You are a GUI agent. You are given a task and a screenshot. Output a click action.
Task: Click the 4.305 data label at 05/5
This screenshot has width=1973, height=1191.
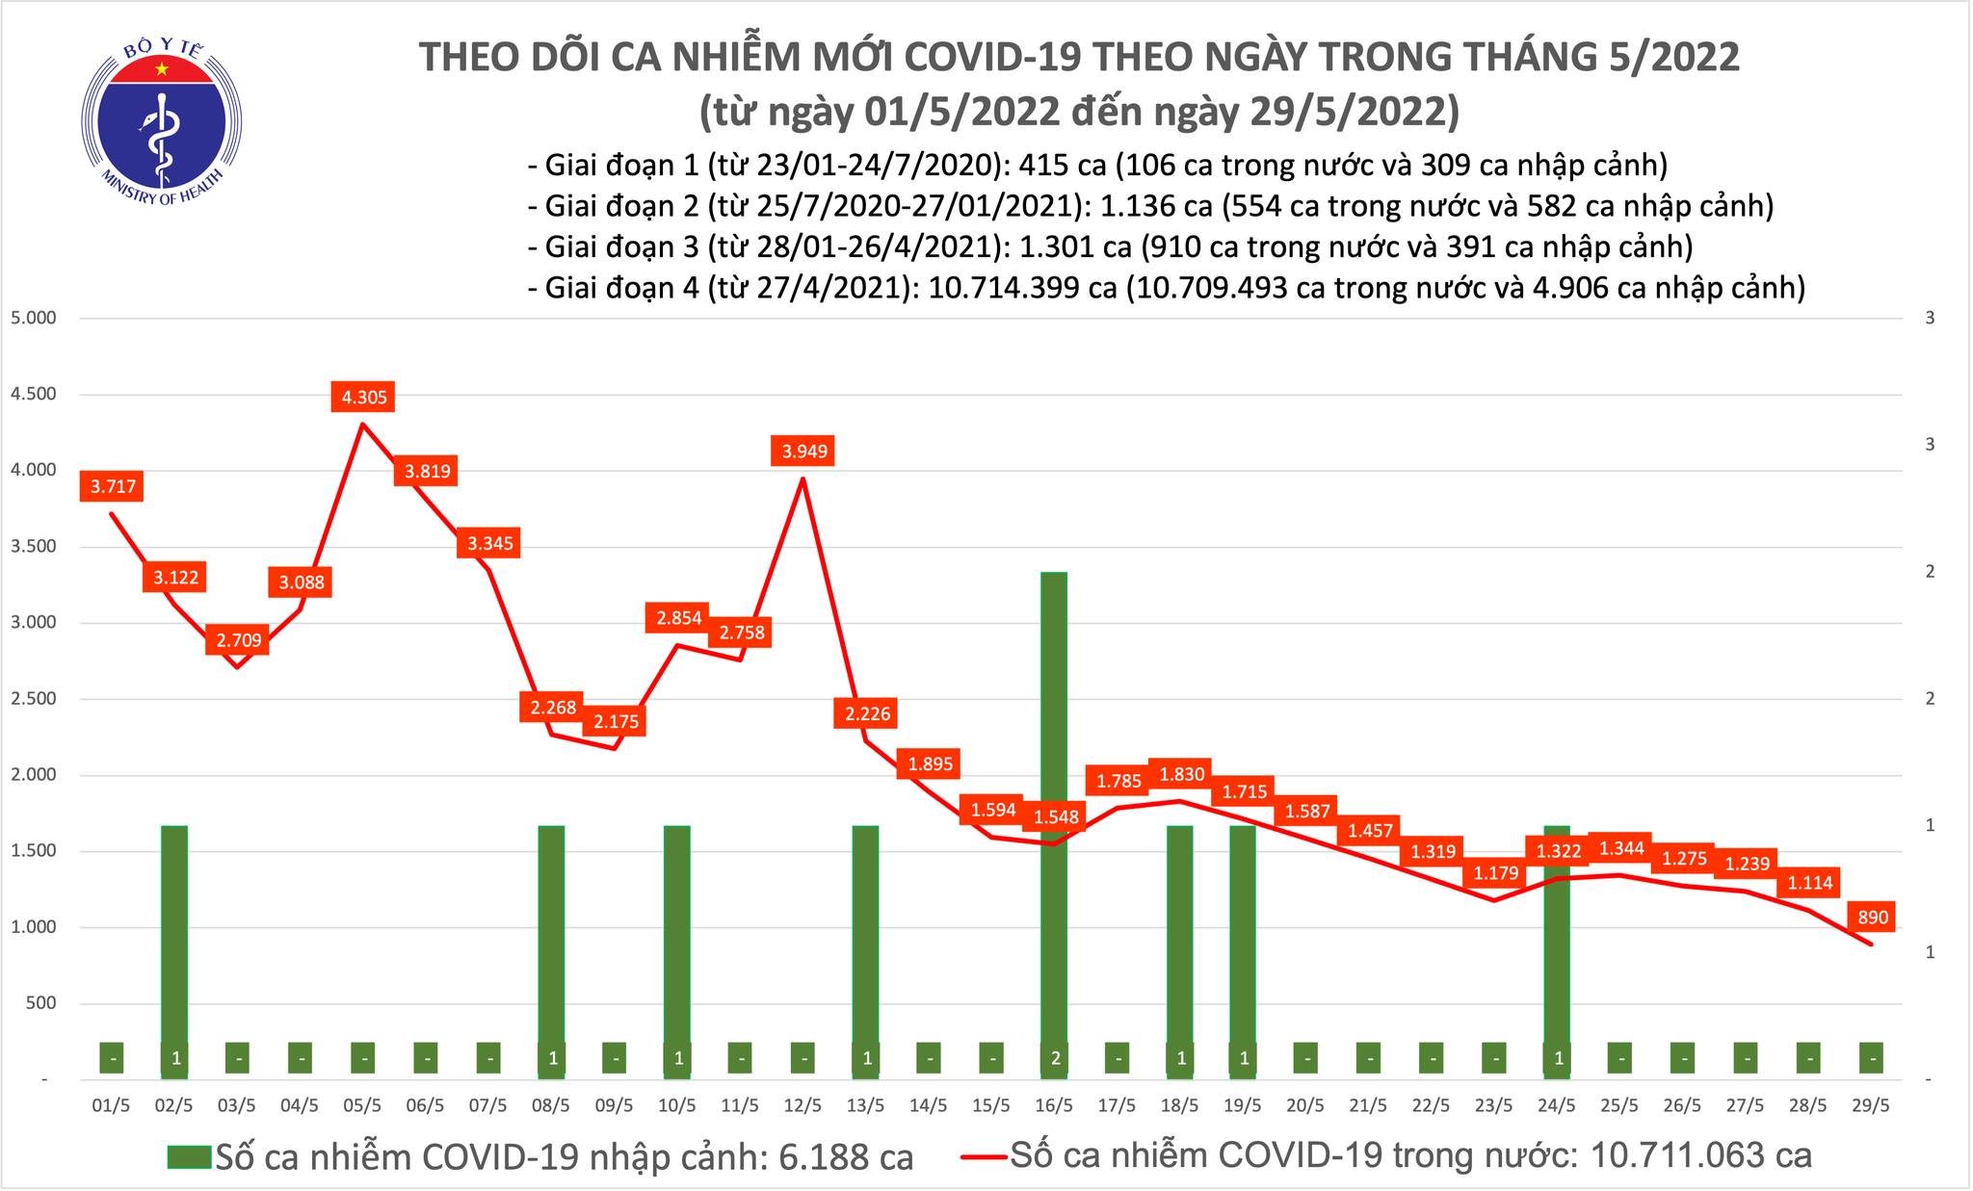pyautogui.click(x=363, y=396)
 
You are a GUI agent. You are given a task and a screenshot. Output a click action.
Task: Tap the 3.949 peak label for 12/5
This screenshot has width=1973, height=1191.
pyautogui.click(x=803, y=451)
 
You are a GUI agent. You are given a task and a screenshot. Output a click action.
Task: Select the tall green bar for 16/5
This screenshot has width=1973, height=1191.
pyautogui.click(x=1054, y=809)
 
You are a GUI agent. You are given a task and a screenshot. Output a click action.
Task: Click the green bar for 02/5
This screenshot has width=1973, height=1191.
pyautogui.click(x=174, y=934)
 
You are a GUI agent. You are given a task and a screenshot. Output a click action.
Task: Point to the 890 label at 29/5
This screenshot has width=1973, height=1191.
pyautogui.click(x=1870, y=915)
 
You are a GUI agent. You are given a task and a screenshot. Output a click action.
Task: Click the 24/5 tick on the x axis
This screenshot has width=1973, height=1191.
pyautogui.click(x=1557, y=1105)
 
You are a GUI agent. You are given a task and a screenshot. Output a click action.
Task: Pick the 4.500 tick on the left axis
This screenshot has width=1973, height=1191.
pyautogui.click(x=34, y=394)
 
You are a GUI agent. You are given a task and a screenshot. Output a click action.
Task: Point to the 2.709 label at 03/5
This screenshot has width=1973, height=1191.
pyautogui.click(x=237, y=639)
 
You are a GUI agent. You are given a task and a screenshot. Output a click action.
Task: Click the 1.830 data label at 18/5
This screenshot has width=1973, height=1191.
pyautogui.click(x=1181, y=773)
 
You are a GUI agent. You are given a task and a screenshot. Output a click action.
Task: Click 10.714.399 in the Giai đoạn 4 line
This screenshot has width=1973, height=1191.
pyautogui.click(x=1022, y=287)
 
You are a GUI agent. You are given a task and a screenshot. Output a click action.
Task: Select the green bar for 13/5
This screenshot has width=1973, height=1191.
pyautogui.click(x=865, y=934)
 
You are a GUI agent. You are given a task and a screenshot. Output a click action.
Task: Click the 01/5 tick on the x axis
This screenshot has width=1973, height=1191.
pyautogui.click(x=111, y=1105)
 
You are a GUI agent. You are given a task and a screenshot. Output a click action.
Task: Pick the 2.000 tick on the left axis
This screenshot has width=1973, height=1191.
pyautogui.click(x=34, y=775)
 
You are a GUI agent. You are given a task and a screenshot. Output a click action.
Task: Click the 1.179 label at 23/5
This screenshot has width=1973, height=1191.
pyautogui.click(x=1495, y=873)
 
